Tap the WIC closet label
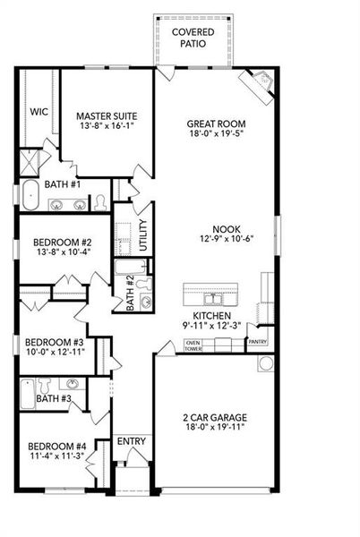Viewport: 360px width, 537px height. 39,112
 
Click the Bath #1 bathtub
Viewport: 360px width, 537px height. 30,193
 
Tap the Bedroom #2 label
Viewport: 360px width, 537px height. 63,243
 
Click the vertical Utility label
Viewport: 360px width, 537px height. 143,237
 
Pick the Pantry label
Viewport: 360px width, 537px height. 258,342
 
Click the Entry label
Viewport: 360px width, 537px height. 132,441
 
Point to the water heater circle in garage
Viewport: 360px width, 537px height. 265,363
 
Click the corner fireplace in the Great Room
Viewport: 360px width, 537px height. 261,83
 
